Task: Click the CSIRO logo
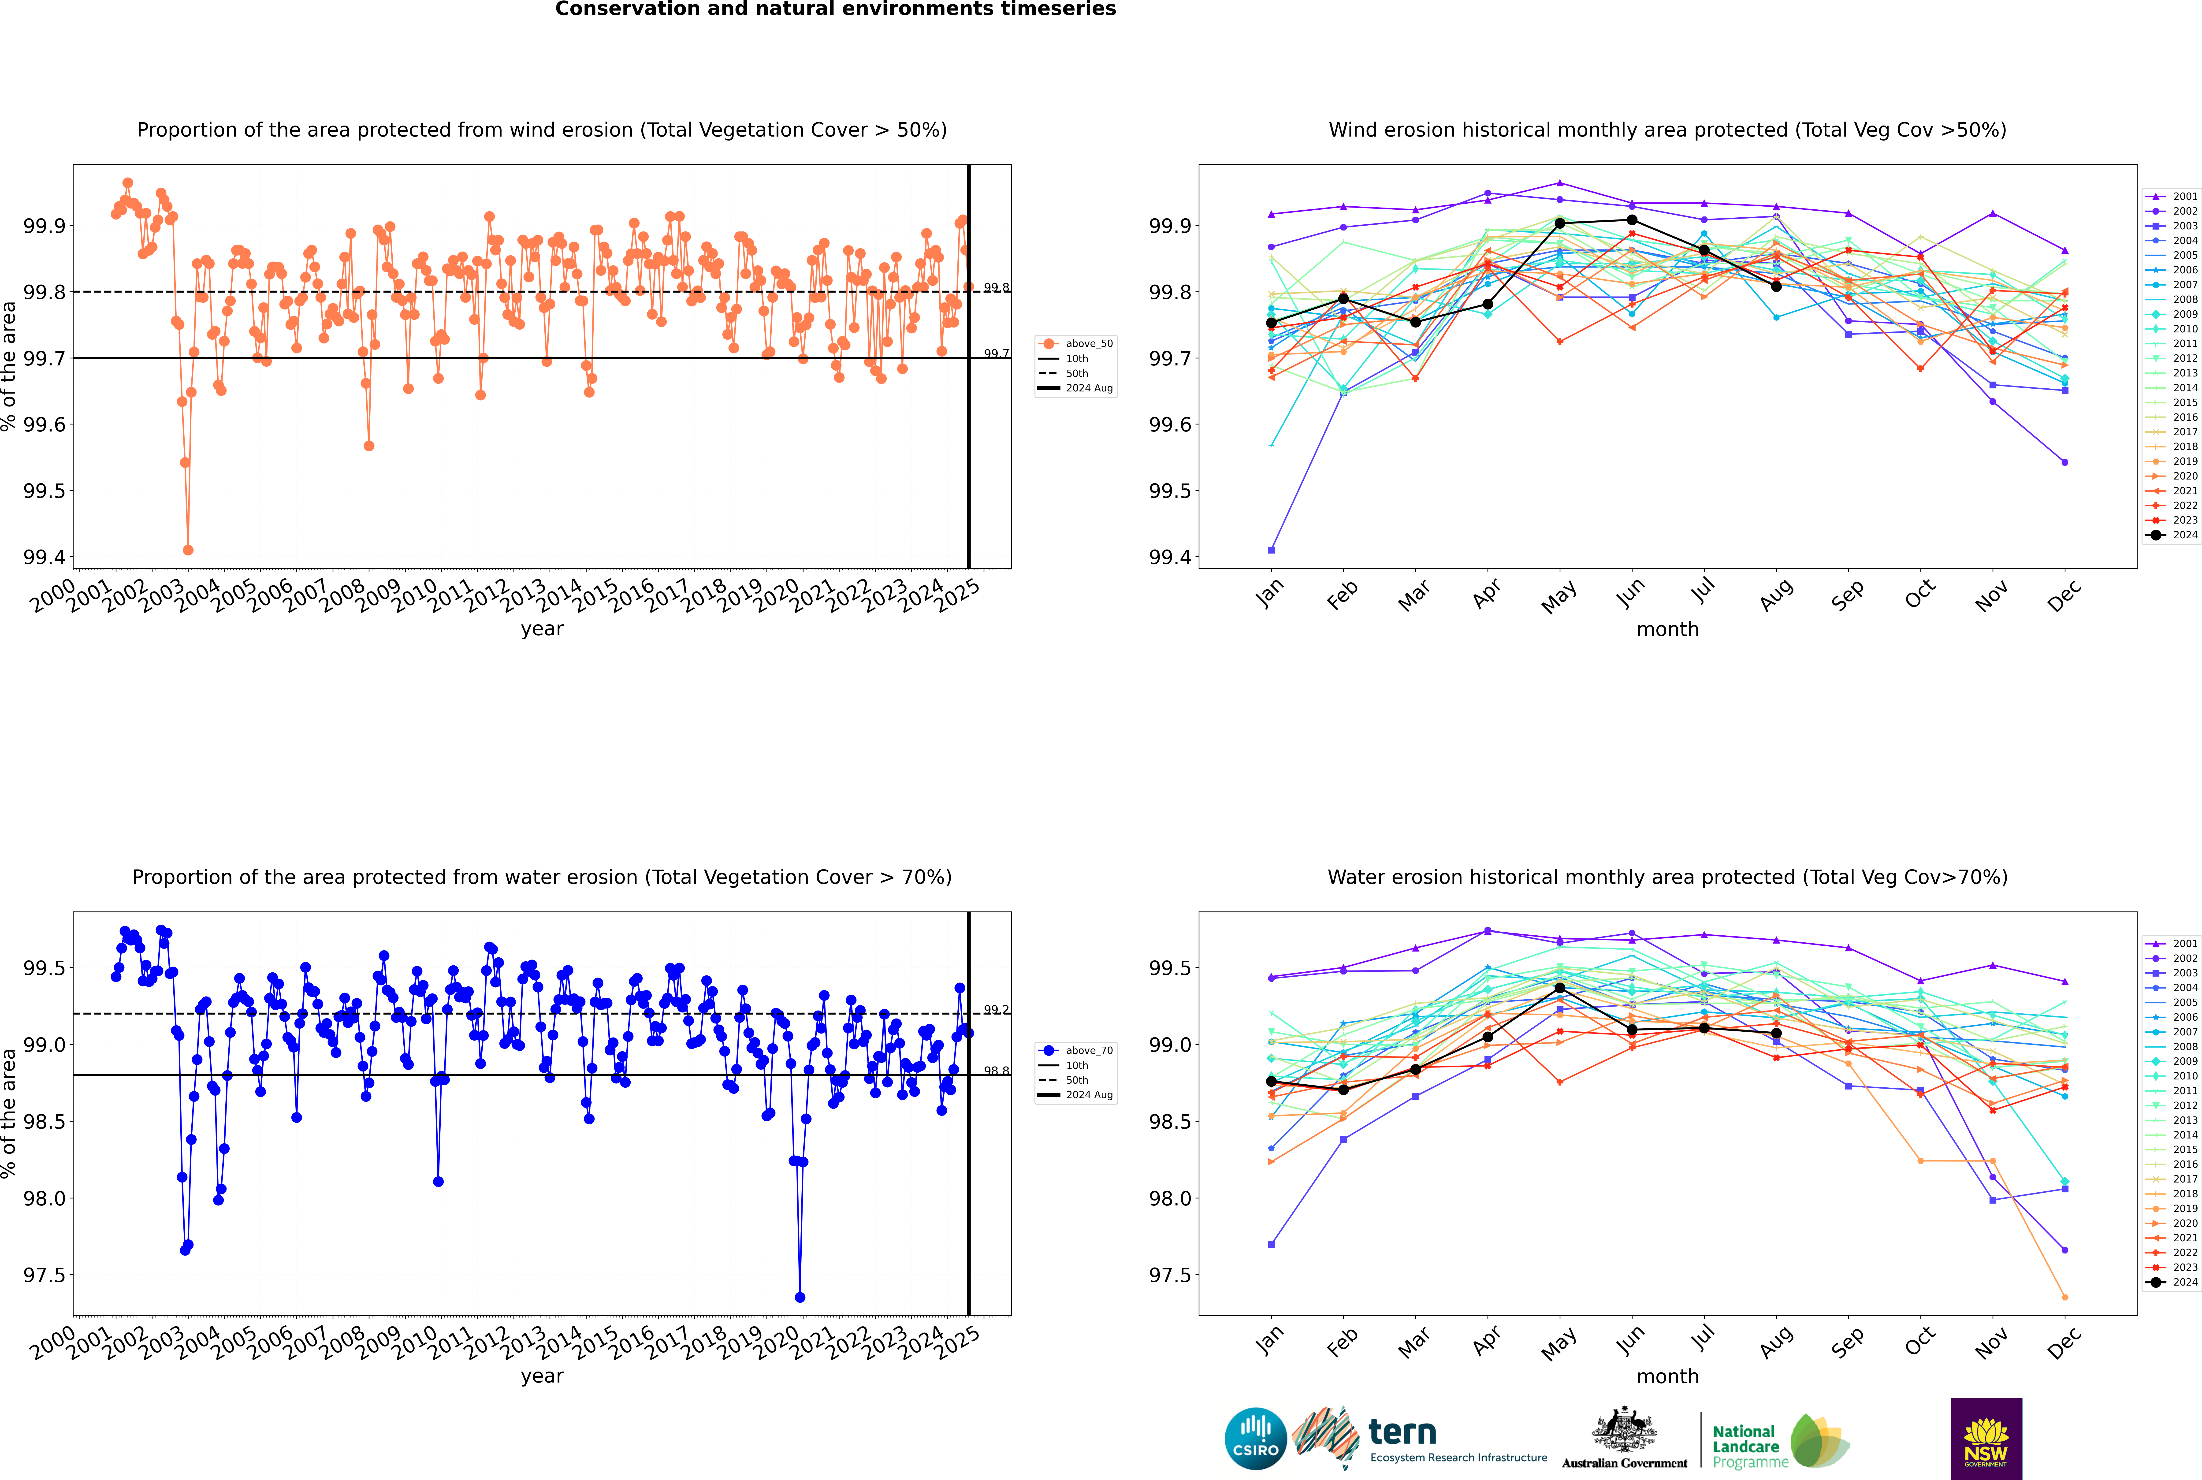(1255, 1439)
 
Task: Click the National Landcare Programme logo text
(1745, 1446)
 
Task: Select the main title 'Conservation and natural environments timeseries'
(835, 9)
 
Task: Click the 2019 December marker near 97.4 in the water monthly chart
(2064, 1297)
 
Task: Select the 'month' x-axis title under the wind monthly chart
(1667, 630)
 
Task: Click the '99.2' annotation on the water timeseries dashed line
(996, 1010)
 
